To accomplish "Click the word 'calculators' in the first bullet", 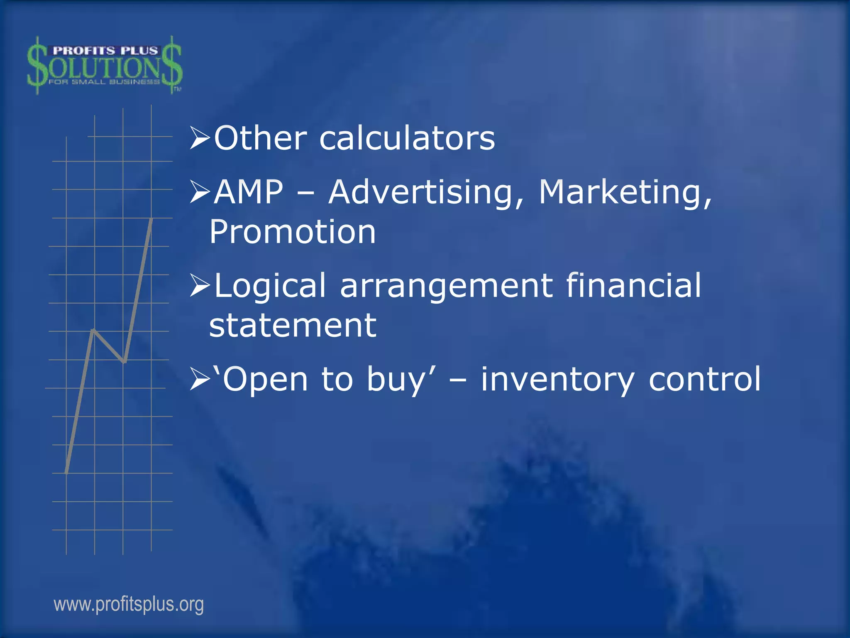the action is click(407, 138).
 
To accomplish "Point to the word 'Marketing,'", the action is click(625, 192).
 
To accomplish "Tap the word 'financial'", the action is click(633, 286).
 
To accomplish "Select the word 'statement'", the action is click(292, 326).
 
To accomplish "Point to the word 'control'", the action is click(704, 379).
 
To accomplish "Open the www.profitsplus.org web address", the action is click(129, 604).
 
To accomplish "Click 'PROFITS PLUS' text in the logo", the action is click(105, 51).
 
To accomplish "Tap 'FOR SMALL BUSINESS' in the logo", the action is click(104, 82).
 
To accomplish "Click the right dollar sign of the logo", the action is click(171, 64).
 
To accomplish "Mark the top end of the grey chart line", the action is click(151, 219).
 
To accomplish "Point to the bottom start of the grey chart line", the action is click(66, 472).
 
